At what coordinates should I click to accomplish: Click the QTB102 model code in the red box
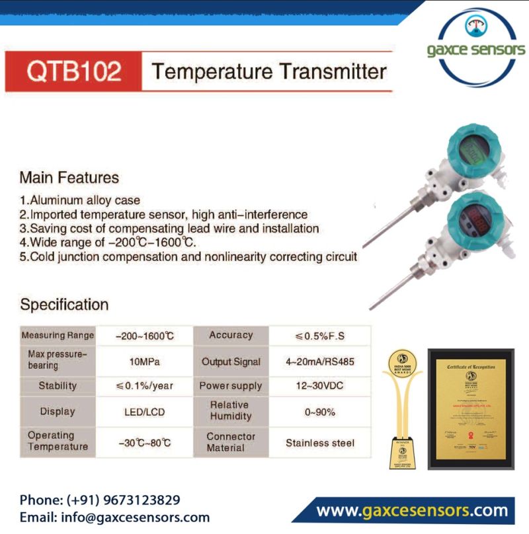[x=74, y=71]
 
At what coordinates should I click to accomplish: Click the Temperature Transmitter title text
[x=268, y=71]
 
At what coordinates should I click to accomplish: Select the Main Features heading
[x=69, y=178]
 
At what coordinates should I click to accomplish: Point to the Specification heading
[x=64, y=305]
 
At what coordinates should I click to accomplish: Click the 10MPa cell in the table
[x=145, y=362]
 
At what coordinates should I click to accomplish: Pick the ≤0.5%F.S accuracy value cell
[x=320, y=336]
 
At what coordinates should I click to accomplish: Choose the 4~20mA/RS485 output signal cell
[x=320, y=362]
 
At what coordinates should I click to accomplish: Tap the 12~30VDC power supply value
[x=320, y=386]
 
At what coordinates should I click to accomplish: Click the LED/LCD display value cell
[x=145, y=411]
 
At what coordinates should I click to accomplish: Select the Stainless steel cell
[x=320, y=443]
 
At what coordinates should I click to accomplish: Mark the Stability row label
[x=58, y=386]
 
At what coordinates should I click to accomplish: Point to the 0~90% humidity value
[x=320, y=412]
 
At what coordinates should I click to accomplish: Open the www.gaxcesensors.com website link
[x=412, y=511]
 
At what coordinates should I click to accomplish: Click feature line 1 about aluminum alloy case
[x=79, y=200]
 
